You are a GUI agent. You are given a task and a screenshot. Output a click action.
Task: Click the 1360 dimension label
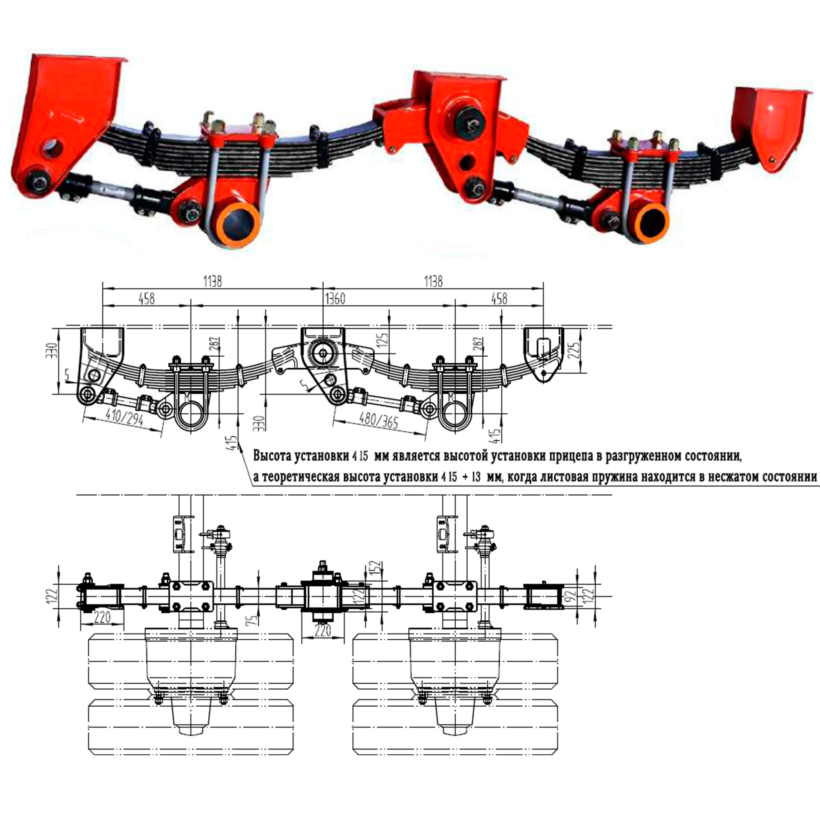pos(335,299)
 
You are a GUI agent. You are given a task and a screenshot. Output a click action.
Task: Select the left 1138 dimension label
pos(213,281)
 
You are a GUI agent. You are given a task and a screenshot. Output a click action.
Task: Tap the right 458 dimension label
pos(499,299)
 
